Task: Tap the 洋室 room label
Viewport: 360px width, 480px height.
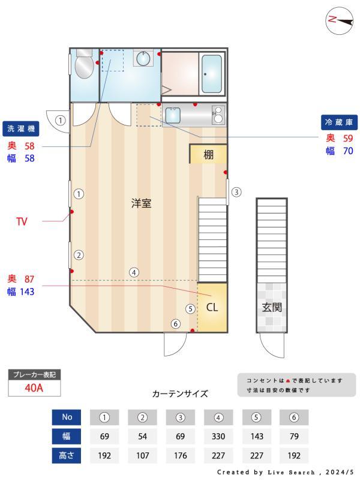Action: pos(142,203)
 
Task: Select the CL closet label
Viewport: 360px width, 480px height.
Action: pos(212,308)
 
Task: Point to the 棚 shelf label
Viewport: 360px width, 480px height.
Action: pos(208,154)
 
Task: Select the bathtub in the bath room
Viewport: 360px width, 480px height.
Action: pos(211,74)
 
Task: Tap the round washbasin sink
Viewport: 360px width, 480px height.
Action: pos(143,58)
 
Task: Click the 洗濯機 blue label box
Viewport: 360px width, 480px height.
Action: pos(21,128)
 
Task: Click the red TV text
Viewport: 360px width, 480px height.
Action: pos(22,221)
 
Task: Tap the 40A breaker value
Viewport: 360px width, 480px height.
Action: pos(34,388)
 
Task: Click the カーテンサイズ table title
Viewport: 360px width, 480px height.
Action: pos(180,394)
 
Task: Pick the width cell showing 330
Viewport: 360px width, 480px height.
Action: pos(218,436)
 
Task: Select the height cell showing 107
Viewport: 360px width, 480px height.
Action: pos(142,455)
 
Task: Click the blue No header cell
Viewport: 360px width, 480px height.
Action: pos(67,417)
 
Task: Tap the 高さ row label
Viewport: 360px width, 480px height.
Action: pos(67,455)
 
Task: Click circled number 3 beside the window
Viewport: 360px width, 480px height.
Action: pos(236,193)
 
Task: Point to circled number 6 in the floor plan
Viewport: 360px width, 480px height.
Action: pos(176,324)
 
